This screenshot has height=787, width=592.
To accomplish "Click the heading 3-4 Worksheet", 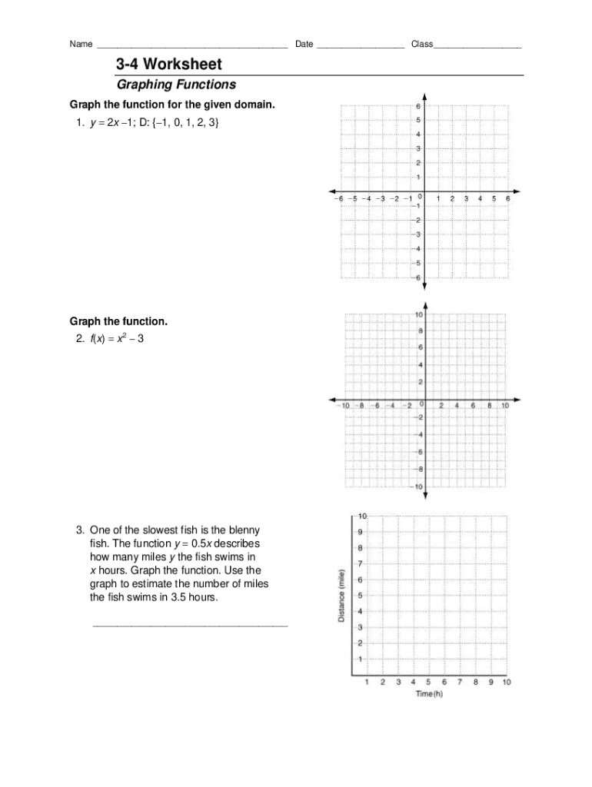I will pyautogui.click(x=168, y=64).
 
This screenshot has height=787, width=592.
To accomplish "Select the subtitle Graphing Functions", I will pyautogui.click(x=175, y=85).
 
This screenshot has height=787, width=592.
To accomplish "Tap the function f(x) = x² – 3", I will pyautogui.click(x=116, y=337).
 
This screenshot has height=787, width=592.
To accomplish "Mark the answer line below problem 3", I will pyautogui.click(x=190, y=626).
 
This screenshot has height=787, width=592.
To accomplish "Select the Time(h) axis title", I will pyautogui.click(x=429, y=694).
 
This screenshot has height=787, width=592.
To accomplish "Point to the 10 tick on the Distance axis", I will pyautogui.click(x=362, y=515).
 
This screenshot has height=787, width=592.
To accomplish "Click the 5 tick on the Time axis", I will pyautogui.click(x=429, y=682).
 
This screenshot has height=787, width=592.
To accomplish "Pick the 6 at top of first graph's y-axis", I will pyautogui.click(x=418, y=106).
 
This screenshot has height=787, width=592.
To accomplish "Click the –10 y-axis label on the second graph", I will pyautogui.click(x=418, y=486).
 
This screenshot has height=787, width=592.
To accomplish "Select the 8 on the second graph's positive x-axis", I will pyautogui.click(x=489, y=405).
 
